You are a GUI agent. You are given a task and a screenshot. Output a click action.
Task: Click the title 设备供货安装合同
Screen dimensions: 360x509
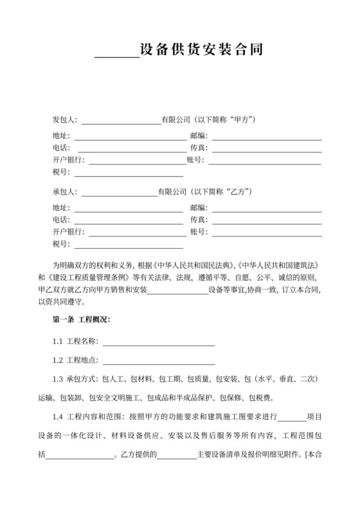coord(201,49)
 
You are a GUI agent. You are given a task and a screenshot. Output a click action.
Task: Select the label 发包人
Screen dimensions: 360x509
coord(64,120)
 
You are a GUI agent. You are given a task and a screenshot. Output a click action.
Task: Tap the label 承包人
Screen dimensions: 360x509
coord(64,192)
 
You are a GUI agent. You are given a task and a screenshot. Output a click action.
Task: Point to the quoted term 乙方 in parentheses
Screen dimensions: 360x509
coord(238,192)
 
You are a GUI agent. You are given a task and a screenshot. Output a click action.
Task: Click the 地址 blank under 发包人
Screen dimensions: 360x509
coord(130,136)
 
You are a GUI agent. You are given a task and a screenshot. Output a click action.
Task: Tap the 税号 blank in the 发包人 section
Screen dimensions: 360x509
coord(129,172)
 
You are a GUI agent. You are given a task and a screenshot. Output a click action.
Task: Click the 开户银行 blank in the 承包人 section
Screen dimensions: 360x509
coord(136,231)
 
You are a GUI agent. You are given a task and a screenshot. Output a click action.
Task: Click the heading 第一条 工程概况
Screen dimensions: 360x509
coord(81,319)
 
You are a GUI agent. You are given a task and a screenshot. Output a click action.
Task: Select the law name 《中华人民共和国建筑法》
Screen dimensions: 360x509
coord(278,265)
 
